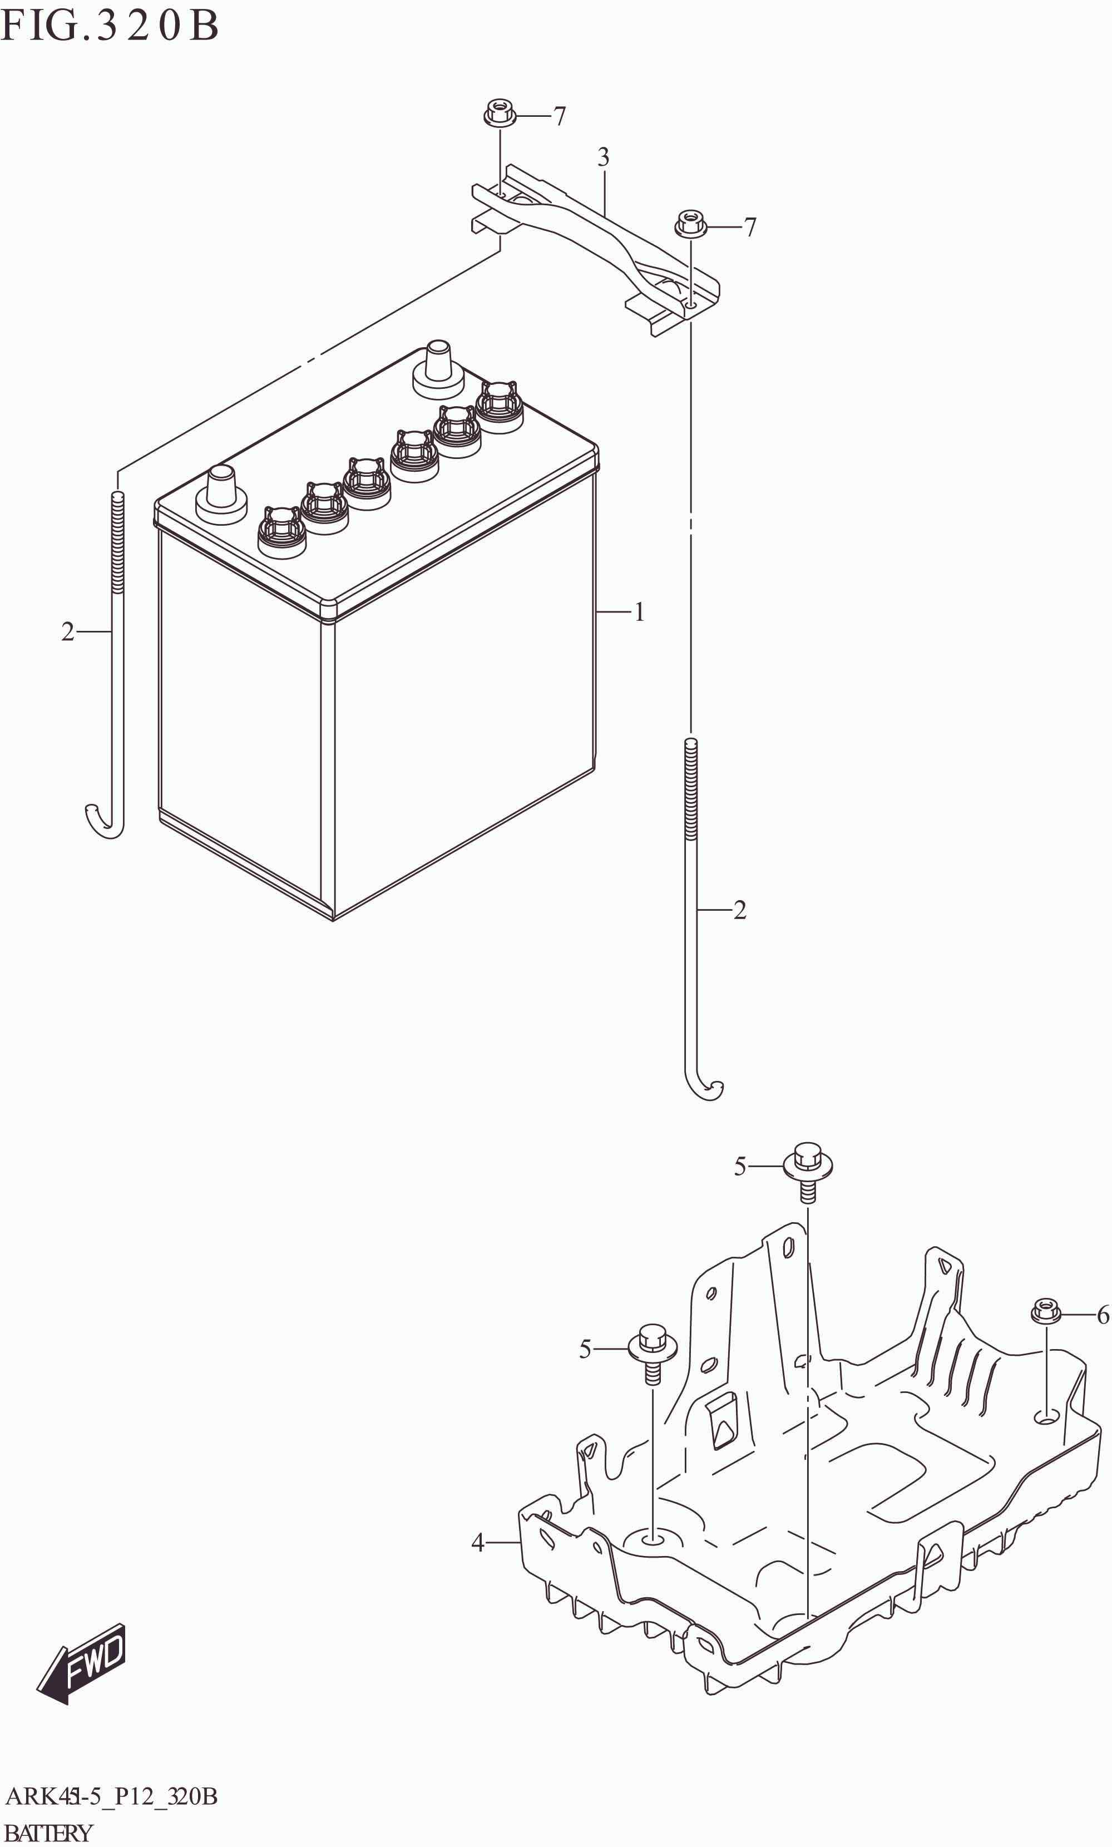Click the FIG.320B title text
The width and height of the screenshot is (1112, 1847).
(x=110, y=26)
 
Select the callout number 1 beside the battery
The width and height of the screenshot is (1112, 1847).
(x=639, y=613)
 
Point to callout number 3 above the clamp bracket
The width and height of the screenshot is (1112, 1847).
(x=603, y=157)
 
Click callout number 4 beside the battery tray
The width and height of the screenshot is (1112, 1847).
(x=478, y=1543)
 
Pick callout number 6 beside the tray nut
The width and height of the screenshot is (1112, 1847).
(x=1102, y=1315)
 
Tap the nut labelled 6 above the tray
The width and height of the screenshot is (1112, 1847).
(x=1045, y=1312)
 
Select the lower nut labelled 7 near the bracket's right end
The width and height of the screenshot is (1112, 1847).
(x=691, y=224)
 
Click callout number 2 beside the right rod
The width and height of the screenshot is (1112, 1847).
(x=740, y=910)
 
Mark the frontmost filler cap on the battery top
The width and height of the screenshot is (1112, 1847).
(x=281, y=532)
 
